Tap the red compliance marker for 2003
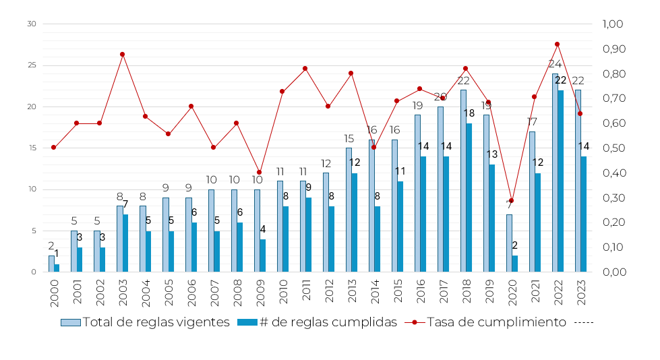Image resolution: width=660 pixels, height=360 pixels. pos(122,54)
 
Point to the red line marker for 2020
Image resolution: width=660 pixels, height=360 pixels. pos(511,200)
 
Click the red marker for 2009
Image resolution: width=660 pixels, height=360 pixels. pos(259,173)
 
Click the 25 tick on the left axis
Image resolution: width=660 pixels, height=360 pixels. pos(31,65)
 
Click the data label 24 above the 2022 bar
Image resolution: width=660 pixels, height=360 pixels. pos(555,64)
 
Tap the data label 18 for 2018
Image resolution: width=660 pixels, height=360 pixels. pos(469,113)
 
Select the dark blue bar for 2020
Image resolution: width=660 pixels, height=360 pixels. pos(515,264)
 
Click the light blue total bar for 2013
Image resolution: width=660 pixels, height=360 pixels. pos(349,210)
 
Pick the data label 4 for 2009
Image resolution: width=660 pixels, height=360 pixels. pos(263,229)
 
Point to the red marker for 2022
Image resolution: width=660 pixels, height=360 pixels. pos(557,44)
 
